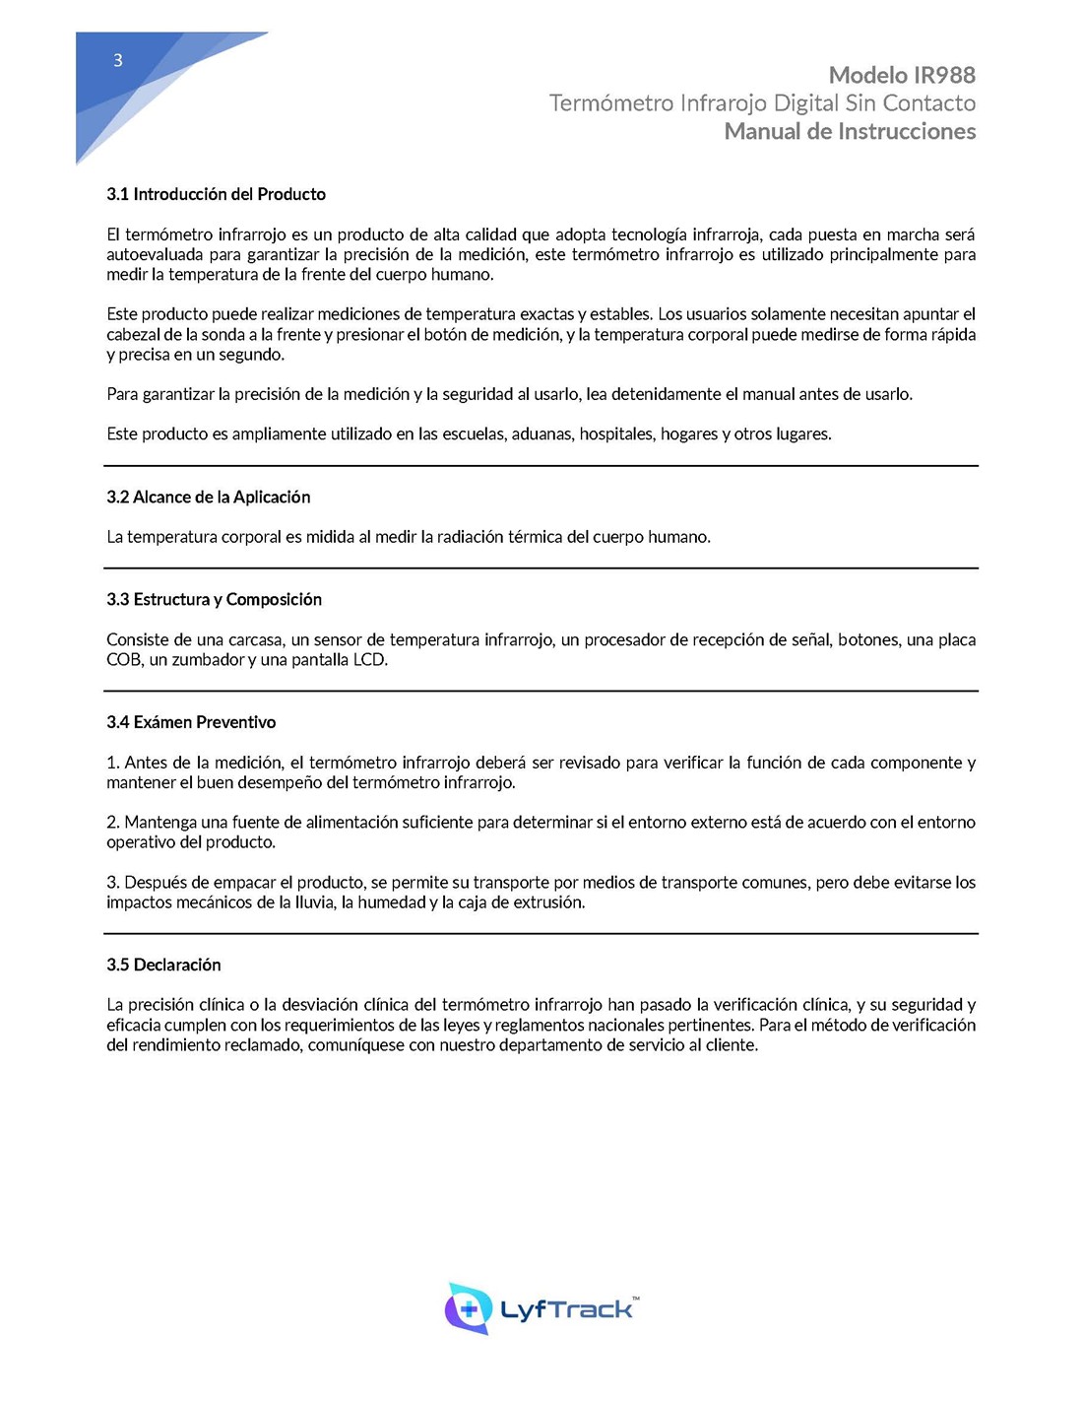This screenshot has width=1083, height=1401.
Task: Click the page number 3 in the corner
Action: click(118, 61)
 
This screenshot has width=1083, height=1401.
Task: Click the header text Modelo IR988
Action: click(902, 75)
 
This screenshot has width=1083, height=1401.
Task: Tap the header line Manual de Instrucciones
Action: click(850, 131)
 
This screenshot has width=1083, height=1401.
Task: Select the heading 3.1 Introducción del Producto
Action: click(216, 194)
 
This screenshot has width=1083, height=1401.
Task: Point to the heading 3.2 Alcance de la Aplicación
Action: click(208, 497)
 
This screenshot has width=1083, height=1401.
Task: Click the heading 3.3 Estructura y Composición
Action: click(214, 599)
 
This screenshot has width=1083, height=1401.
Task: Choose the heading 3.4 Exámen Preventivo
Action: click(191, 722)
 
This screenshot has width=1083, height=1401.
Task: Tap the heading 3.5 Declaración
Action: click(163, 965)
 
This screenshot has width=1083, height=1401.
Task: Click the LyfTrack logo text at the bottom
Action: click(567, 1309)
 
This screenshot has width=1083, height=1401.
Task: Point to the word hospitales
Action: click(615, 434)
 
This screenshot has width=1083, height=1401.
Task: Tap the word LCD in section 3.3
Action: click(369, 660)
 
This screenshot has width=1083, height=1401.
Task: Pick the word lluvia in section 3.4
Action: click(313, 902)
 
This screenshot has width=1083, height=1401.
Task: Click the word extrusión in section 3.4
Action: click(548, 902)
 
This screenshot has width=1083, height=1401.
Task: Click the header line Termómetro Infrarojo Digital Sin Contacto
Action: click(762, 103)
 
